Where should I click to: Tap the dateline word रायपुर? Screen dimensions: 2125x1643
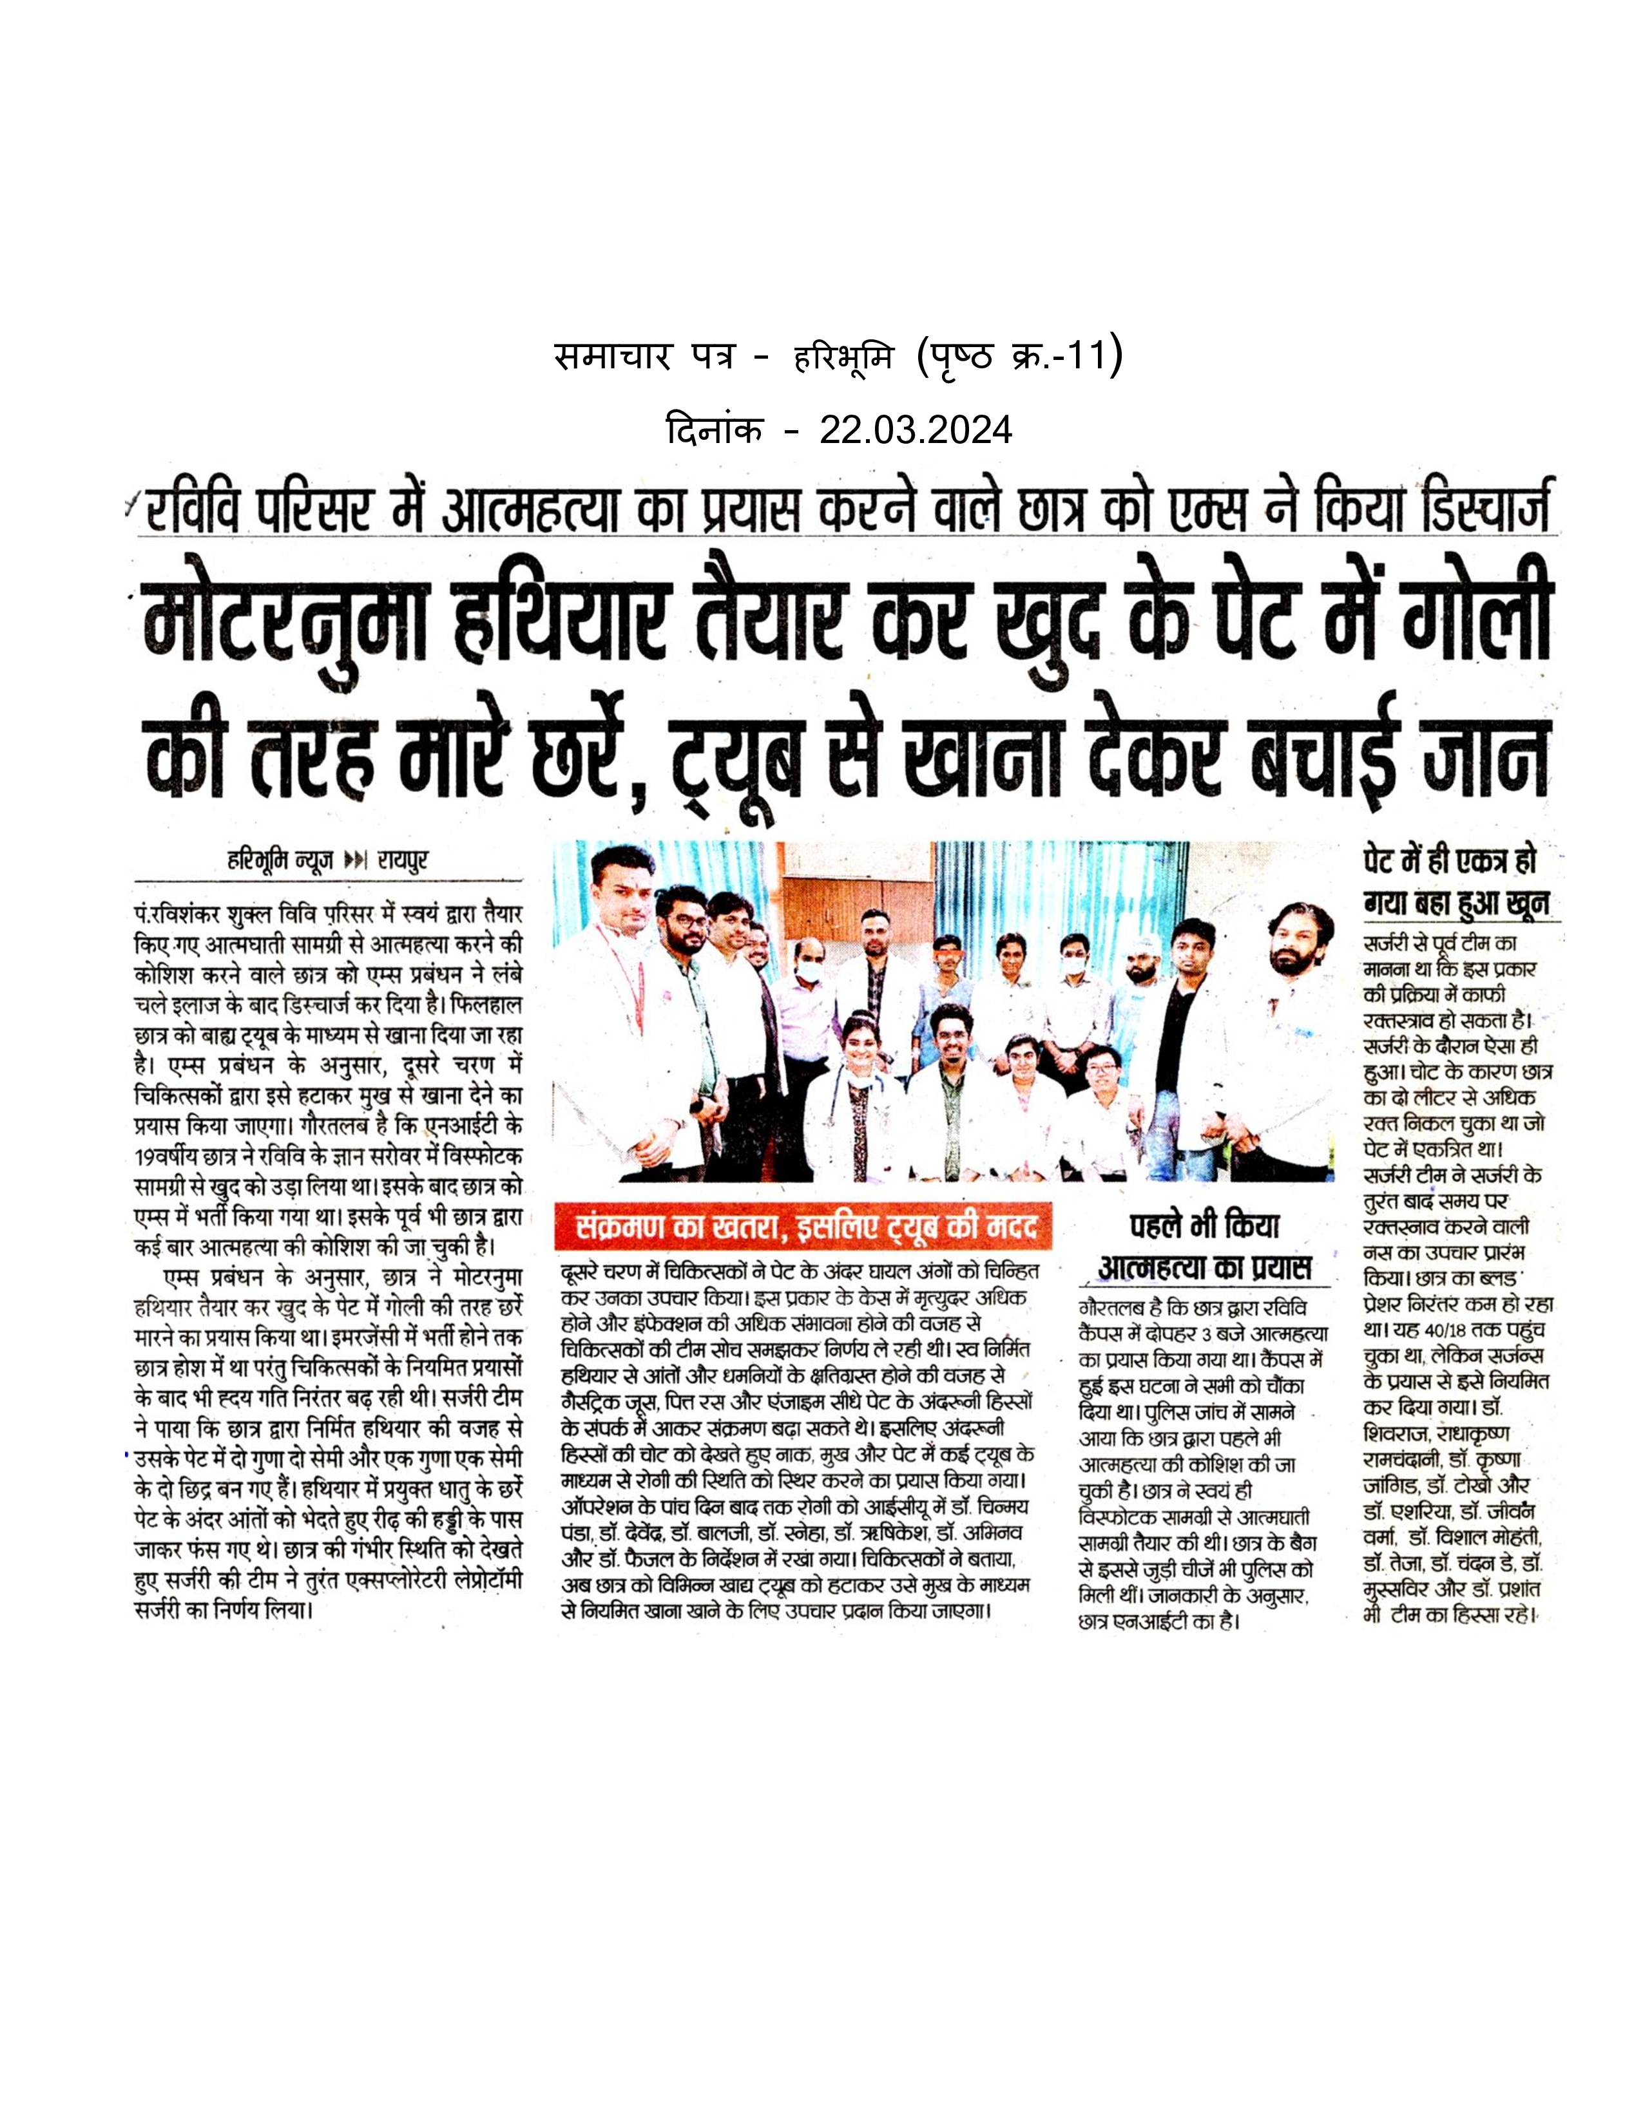(x=403, y=860)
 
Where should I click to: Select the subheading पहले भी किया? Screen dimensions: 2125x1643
(x=1204, y=1227)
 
